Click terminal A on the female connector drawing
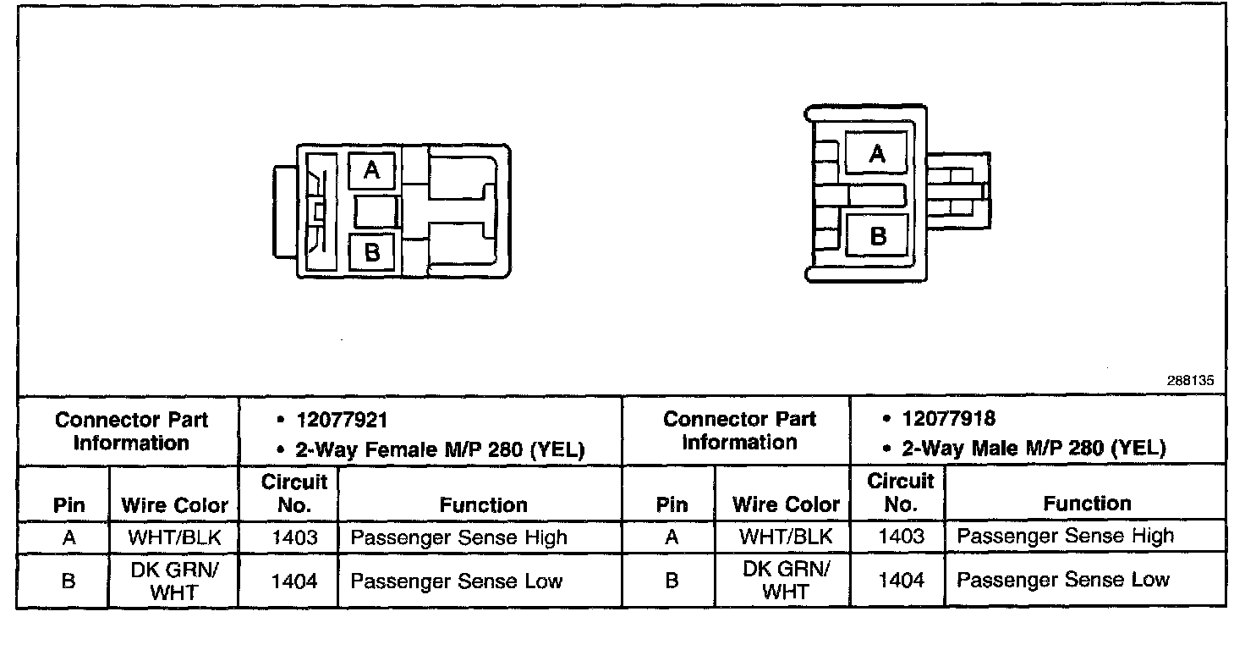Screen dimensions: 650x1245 click(x=371, y=171)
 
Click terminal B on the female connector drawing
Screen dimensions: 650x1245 click(x=371, y=251)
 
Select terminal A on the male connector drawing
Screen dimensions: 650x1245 click(x=877, y=153)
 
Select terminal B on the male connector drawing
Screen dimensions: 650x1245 click(x=877, y=234)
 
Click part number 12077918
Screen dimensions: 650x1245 click(x=948, y=418)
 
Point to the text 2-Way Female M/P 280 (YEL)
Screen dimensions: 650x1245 click(x=439, y=449)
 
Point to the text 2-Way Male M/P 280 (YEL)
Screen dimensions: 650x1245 click(x=1033, y=448)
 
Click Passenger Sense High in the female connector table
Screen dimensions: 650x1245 click(x=458, y=537)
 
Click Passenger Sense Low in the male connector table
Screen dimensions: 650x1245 click(x=1063, y=580)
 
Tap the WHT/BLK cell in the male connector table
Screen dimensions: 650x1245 click(x=786, y=537)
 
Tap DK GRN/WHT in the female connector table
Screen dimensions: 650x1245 click(x=174, y=581)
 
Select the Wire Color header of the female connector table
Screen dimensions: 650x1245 click(x=174, y=505)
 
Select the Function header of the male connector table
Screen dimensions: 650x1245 click(x=1087, y=504)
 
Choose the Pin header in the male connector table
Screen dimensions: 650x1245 click(x=672, y=505)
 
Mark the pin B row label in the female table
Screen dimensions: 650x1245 click(x=69, y=581)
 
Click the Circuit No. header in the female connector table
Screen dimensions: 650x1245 click(x=293, y=493)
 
